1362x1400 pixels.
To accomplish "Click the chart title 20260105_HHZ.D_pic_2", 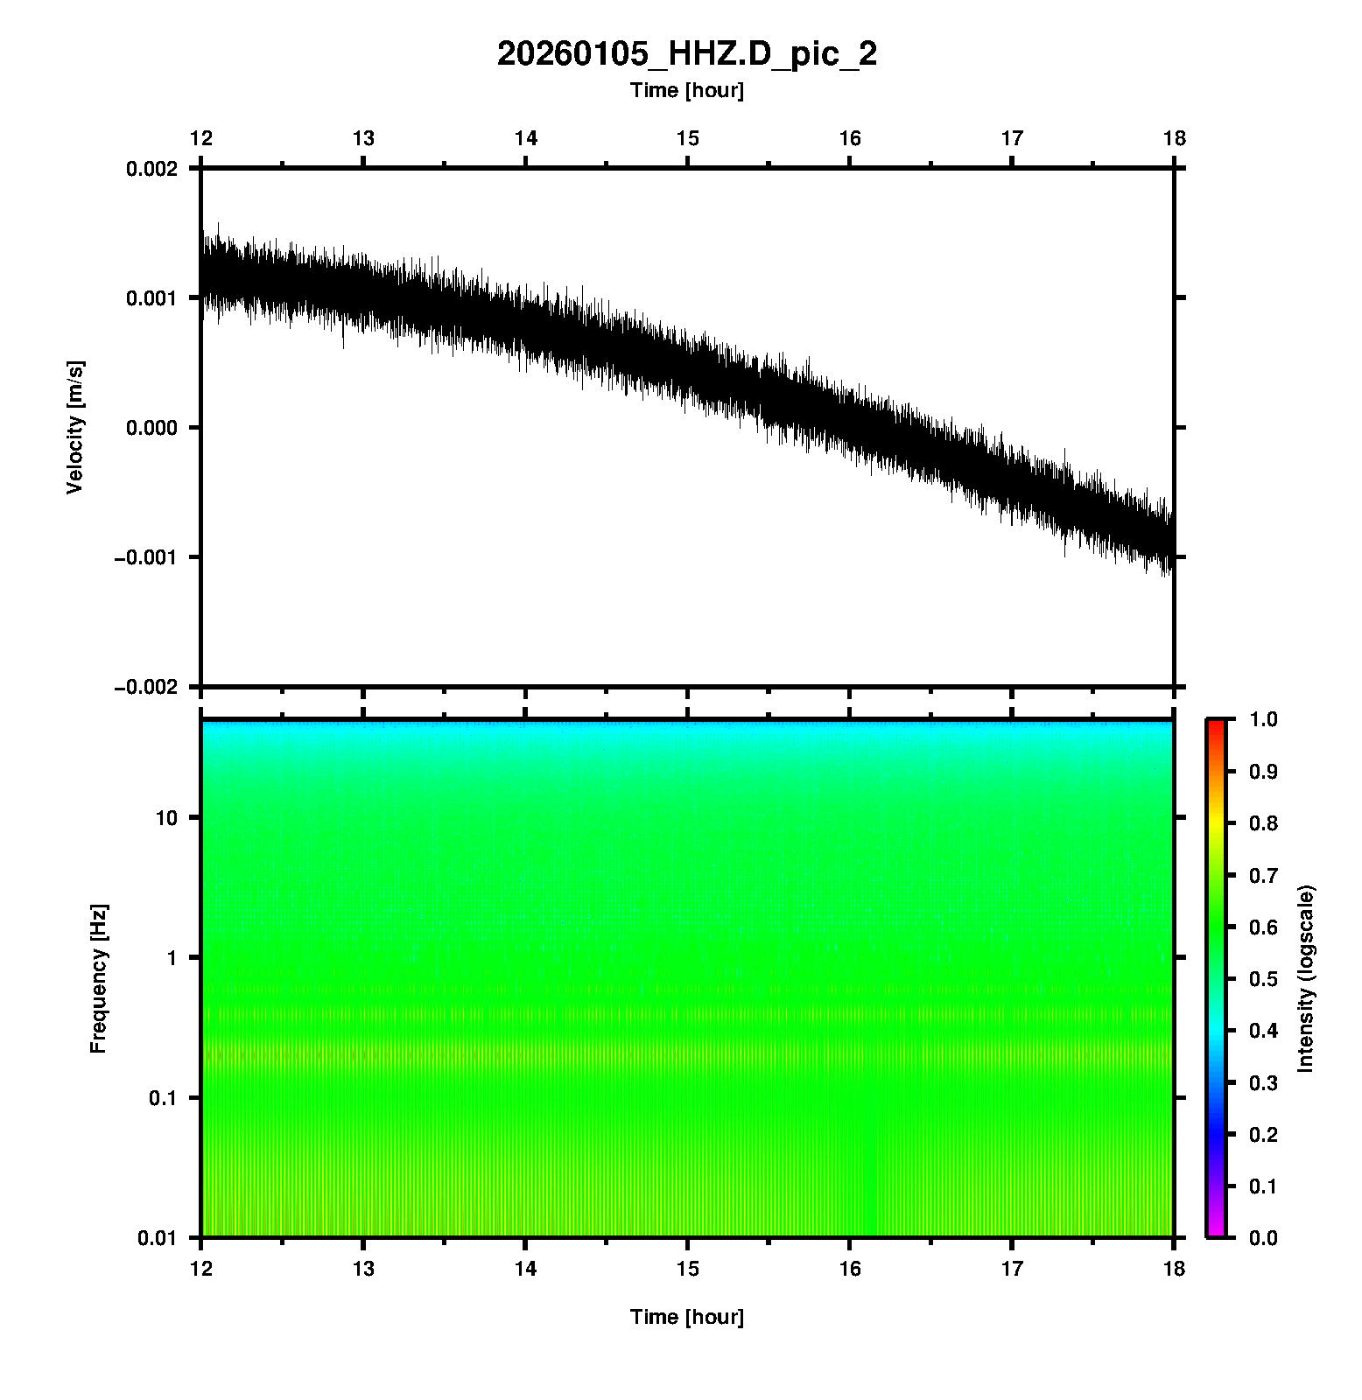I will click(686, 54).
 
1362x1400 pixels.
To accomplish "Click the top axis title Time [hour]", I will click(686, 90).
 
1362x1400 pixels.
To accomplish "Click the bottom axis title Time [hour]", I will click(686, 1317).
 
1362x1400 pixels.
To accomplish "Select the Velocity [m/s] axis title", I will click(75, 427).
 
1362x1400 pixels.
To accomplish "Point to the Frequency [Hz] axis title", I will click(98, 979).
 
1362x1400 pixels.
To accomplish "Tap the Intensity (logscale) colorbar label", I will click(1306, 979).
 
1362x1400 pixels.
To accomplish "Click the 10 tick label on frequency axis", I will click(166, 818).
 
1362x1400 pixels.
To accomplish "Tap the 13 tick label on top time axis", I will click(363, 138).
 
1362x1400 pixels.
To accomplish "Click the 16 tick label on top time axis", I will click(850, 138).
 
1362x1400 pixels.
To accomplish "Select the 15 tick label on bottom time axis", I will click(688, 1269).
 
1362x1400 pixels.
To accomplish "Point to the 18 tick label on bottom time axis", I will click(1174, 1269).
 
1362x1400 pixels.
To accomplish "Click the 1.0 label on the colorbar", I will click(1265, 719).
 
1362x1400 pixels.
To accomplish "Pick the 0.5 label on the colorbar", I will click(1265, 978).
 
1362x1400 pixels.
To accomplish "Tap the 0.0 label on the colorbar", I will click(1265, 1237).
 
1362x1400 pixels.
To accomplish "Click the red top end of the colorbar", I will click(1215, 724).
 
